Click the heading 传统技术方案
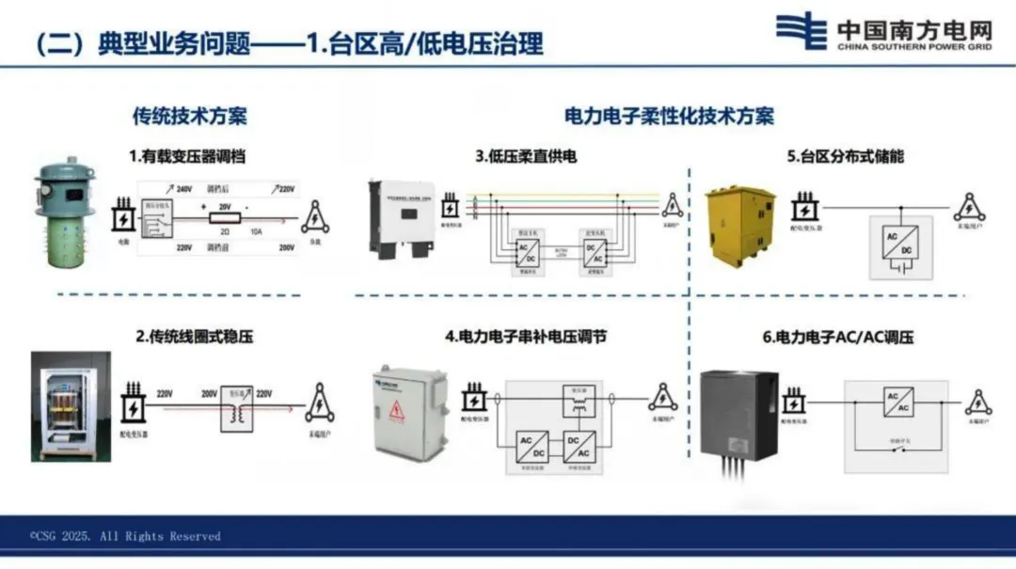point(189,117)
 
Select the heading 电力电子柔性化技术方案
point(669,117)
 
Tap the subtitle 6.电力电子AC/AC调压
point(838,336)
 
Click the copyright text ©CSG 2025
point(124,536)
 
